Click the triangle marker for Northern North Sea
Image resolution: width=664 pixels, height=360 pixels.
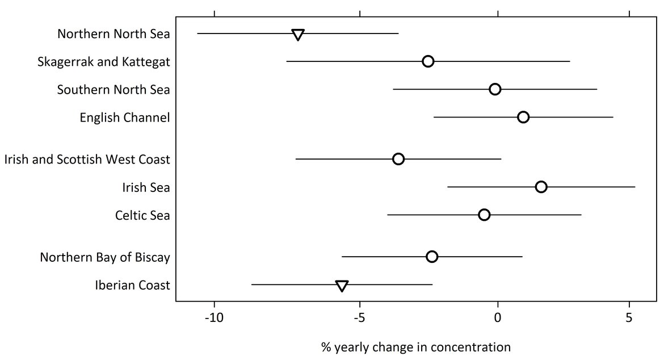(x=297, y=35)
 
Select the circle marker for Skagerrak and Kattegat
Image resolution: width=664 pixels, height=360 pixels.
(x=428, y=61)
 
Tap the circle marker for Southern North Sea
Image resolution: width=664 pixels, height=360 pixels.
(x=495, y=89)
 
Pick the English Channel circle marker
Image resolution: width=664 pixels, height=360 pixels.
(x=523, y=117)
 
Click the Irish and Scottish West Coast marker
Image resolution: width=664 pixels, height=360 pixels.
(x=398, y=159)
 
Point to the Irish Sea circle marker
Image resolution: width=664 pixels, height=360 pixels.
(x=541, y=187)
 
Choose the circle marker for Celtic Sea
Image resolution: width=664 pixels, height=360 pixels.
(x=484, y=215)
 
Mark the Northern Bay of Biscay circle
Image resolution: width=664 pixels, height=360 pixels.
(x=432, y=257)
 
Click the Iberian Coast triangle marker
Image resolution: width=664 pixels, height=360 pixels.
(x=342, y=286)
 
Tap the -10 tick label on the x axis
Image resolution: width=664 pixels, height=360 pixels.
(x=214, y=317)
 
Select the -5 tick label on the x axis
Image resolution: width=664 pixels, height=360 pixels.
(x=360, y=317)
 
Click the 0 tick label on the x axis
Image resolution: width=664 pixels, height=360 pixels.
(x=498, y=317)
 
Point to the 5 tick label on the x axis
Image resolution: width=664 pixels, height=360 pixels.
(x=629, y=317)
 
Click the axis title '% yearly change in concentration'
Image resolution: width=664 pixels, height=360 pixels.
(x=416, y=346)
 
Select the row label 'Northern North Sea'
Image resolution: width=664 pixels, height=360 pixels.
(x=114, y=34)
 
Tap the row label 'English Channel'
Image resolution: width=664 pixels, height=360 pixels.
(x=125, y=118)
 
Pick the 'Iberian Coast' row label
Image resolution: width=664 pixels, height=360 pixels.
(x=132, y=285)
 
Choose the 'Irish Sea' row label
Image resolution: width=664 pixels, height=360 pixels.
(x=146, y=187)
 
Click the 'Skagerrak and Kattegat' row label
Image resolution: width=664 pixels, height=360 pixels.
(x=103, y=62)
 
